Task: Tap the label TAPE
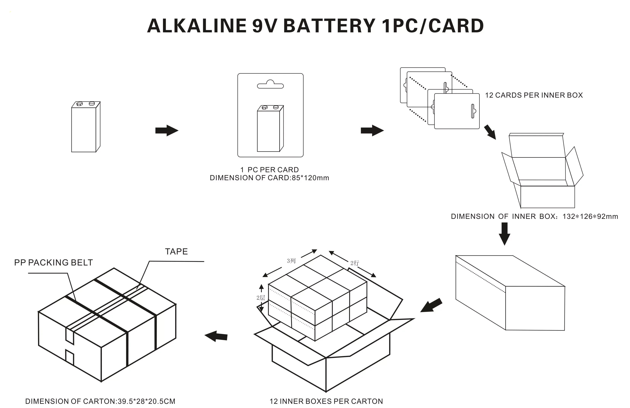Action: [x=176, y=251]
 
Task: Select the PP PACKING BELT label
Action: [x=53, y=262]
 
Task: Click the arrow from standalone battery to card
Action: [x=167, y=130]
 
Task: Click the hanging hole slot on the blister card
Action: [x=270, y=85]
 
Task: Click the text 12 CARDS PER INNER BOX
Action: [x=534, y=95]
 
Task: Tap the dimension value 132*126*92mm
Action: [x=590, y=216]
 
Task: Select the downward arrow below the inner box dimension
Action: [x=504, y=233]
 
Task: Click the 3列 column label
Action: [x=291, y=261]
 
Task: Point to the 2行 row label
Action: [x=355, y=263]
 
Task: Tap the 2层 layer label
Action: [x=260, y=298]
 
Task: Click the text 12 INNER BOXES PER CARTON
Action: [x=326, y=401]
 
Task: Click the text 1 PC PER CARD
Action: [x=269, y=170]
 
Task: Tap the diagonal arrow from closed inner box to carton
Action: [x=431, y=306]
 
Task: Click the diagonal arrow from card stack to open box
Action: [x=490, y=132]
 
